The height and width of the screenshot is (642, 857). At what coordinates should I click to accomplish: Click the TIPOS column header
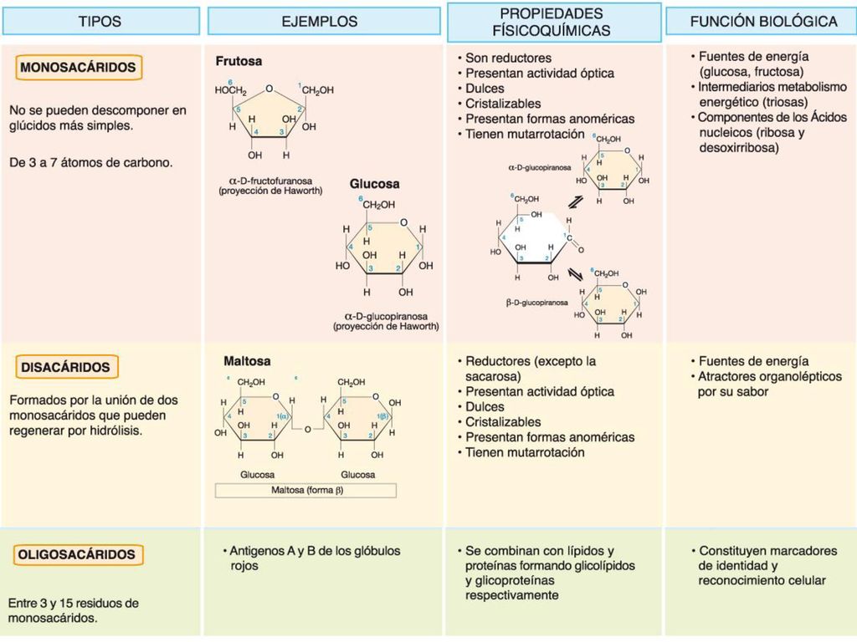pyautogui.click(x=100, y=21)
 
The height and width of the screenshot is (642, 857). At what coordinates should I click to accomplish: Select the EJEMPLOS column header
pyautogui.click(x=324, y=21)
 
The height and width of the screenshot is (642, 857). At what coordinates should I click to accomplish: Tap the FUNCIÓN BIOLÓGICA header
pyautogui.click(x=762, y=21)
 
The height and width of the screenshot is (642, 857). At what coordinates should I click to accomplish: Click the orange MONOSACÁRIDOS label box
pyautogui.click(x=78, y=68)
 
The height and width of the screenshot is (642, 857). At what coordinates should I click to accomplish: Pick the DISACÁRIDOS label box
pyautogui.click(x=67, y=368)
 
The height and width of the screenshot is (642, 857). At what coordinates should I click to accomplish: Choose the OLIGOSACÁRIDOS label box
pyautogui.click(x=77, y=555)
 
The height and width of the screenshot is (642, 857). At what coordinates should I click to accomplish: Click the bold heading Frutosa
pyautogui.click(x=239, y=61)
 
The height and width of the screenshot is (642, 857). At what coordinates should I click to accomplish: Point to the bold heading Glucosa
pyautogui.click(x=374, y=184)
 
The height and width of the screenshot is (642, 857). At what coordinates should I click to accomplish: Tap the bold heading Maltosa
pyautogui.click(x=247, y=361)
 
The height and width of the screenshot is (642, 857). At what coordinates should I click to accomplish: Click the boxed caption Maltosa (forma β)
pyautogui.click(x=305, y=490)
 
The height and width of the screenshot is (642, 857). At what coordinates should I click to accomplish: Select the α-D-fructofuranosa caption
pyautogui.click(x=270, y=181)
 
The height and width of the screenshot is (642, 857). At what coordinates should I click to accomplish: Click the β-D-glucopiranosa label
pyautogui.click(x=536, y=303)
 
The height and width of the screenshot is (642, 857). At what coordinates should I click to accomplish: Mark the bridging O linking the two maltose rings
pyautogui.click(x=308, y=430)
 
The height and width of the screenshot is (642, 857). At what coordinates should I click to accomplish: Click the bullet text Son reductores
pyautogui.click(x=508, y=58)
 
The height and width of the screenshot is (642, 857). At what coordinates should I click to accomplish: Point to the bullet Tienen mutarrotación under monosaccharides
pyautogui.click(x=525, y=135)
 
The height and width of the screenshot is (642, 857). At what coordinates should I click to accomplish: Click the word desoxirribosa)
pyautogui.click(x=739, y=148)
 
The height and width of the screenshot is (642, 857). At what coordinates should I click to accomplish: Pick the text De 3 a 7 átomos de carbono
pyautogui.click(x=90, y=163)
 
